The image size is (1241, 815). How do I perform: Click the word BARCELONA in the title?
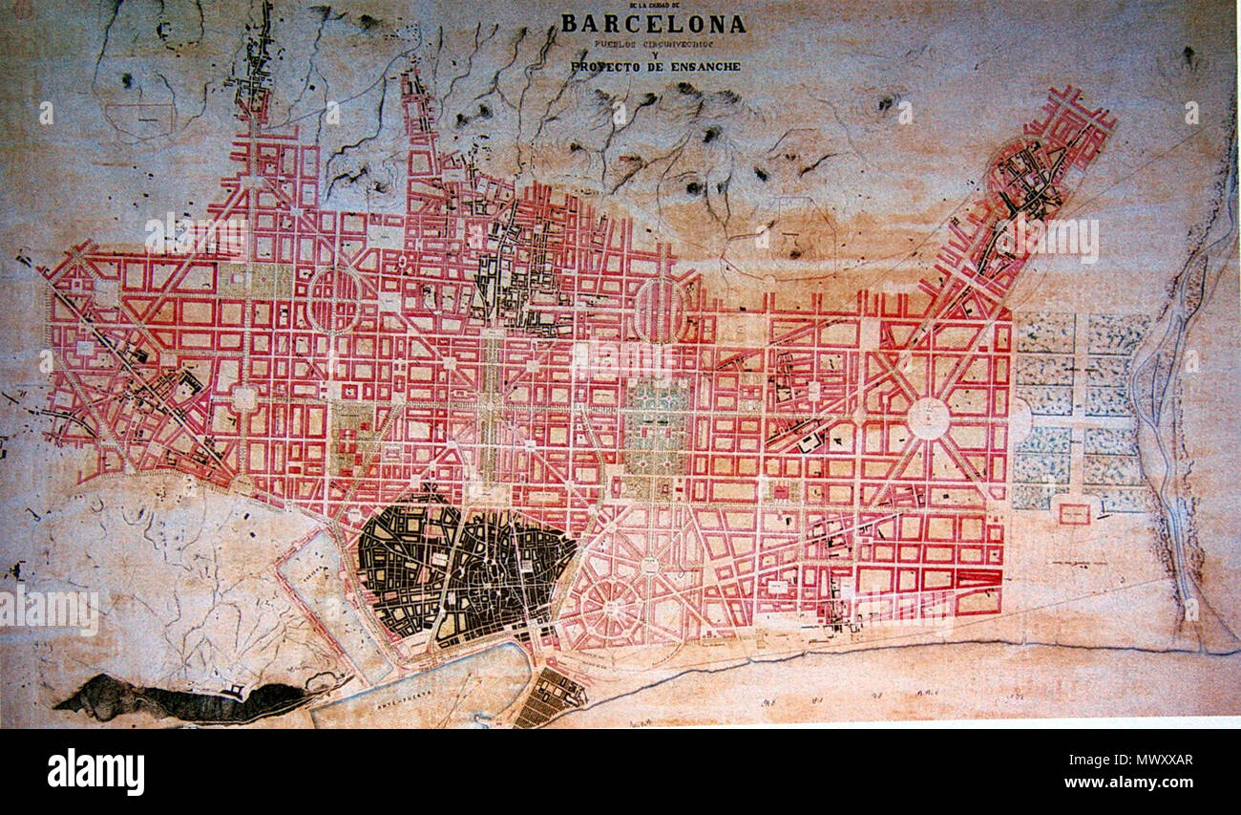653,24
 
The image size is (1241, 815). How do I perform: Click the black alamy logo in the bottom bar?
95,771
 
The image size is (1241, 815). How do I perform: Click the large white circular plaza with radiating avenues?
928,418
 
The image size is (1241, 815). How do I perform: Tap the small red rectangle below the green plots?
1074,514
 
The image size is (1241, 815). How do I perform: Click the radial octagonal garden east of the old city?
610,602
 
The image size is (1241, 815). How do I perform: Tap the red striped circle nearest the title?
660,310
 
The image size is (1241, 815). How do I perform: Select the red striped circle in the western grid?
334,299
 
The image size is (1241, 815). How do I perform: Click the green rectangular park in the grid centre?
657,425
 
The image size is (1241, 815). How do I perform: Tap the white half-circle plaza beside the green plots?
1020,420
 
